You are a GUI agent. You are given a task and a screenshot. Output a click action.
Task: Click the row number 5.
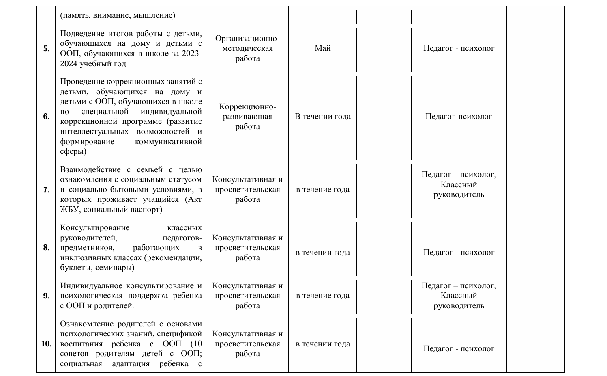[x=46, y=48]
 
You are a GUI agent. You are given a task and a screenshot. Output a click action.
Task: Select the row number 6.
[x=46, y=117]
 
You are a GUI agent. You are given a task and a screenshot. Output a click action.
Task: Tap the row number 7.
[x=46, y=190]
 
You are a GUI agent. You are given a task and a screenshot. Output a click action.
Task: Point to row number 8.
[x=46, y=248]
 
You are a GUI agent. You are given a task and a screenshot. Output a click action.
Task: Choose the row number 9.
[x=46, y=296]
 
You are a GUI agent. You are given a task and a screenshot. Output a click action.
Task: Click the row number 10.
[x=46, y=344]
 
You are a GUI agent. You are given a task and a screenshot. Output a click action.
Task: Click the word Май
[x=323, y=48]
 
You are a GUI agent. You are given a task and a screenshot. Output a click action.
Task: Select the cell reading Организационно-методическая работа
[x=247, y=48]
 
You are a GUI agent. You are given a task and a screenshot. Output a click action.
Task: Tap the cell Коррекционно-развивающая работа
[x=247, y=117]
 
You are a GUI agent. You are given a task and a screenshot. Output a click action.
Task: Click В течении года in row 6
[x=323, y=117]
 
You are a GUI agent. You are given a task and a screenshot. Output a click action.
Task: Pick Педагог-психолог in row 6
[x=459, y=117]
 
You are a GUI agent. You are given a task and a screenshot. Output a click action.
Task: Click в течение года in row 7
[x=323, y=190]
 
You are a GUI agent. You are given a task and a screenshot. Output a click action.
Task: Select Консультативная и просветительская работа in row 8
[x=247, y=248]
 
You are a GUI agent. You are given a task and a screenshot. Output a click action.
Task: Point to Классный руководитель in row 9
[x=459, y=300]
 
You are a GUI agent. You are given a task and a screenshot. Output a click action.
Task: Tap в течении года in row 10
[x=323, y=344]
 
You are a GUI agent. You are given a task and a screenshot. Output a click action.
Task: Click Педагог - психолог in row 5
[x=459, y=48]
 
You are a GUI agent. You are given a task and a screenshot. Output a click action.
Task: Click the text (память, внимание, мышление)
[x=118, y=15]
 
